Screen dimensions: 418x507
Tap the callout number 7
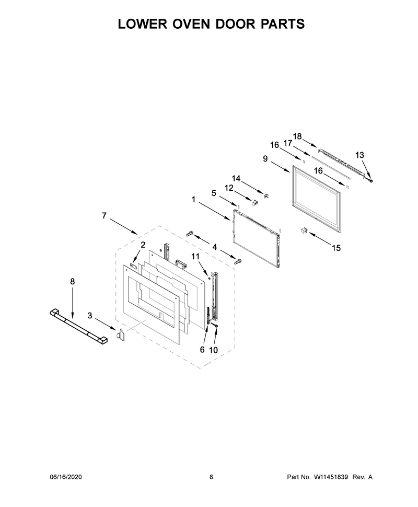pyautogui.click(x=104, y=215)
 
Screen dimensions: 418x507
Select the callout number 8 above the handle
pyautogui.click(x=73, y=282)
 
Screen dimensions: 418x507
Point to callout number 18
pyautogui.click(x=297, y=136)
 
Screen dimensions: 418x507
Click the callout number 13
pyautogui.click(x=359, y=155)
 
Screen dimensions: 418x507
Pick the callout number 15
pyautogui.click(x=336, y=248)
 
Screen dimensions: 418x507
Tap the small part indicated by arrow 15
pyautogui.click(x=304, y=230)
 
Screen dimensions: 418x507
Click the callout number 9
pyautogui.click(x=265, y=159)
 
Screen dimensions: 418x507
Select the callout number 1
pyautogui.click(x=193, y=200)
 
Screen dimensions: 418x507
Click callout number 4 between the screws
pyautogui.click(x=215, y=247)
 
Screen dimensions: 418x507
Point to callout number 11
pyautogui.click(x=195, y=257)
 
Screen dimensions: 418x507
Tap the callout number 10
pyautogui.click(x=213, y=350)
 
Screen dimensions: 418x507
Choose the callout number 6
pyautogui.click(x=202, y=350)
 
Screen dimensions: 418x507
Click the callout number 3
pyautogui.click(x=90, y=316)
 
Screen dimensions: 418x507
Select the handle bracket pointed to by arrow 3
pyautogui.click(x=120, y=335)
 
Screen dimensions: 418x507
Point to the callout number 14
pyautogui.click(x=236, y=178)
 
